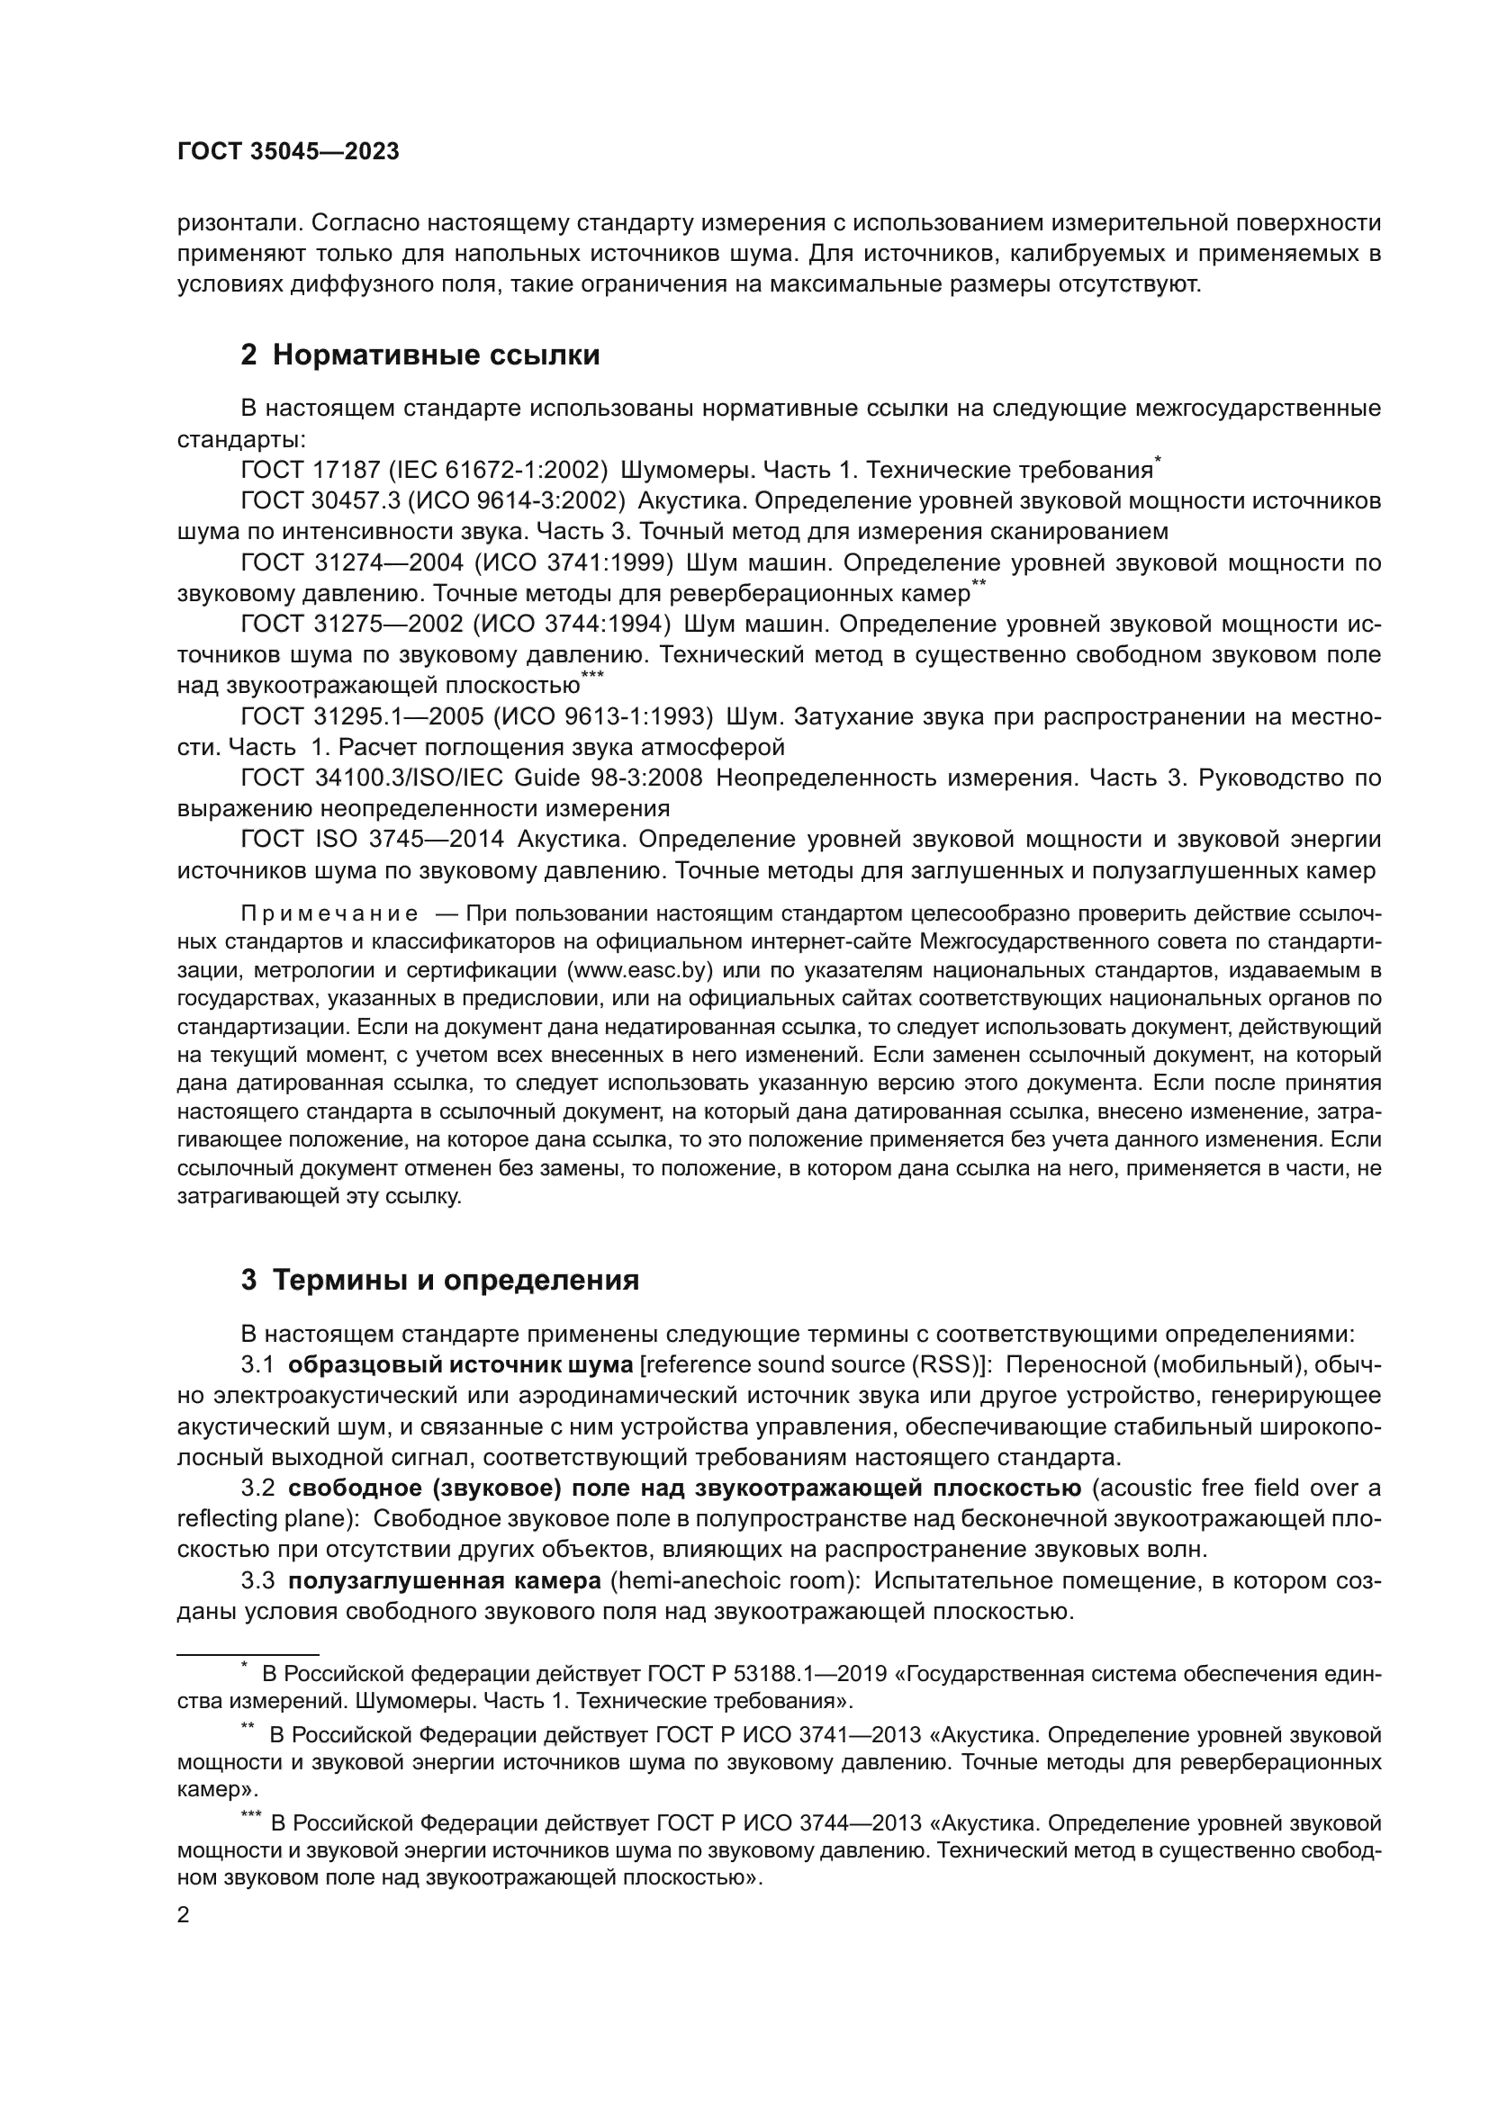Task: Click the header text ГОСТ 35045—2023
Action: tap(288, 152)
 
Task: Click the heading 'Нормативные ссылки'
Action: tap(436, 355)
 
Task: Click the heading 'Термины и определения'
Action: tap(456, 1280)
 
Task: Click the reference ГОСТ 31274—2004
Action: tap(352, 562)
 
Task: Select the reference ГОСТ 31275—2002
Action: tap(352, 625)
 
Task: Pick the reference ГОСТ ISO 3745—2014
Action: tap(373, 840)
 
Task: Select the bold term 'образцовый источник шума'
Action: tap(460, 1365)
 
